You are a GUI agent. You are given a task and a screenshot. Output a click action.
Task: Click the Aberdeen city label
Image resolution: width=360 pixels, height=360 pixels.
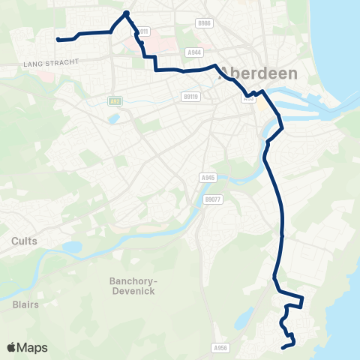(x=258, y=74)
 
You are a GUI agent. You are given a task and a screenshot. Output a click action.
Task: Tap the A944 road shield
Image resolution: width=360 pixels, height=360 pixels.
(x=195, y=52)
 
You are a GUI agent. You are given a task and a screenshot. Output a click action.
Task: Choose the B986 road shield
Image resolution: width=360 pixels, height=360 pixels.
(x=204, y=24)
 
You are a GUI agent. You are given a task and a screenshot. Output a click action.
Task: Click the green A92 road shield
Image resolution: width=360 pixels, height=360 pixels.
(x=115, y=100)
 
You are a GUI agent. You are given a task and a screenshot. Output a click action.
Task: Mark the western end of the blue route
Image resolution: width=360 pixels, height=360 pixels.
(x=58, y=39)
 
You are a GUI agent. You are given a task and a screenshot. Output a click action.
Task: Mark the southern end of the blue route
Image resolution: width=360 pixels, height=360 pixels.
(x=283, y=347)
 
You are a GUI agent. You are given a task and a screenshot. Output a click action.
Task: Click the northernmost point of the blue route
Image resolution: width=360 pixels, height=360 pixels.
(x=127, y=13)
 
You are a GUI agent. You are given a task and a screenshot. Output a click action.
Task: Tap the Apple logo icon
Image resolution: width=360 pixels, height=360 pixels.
(x=12, y=347)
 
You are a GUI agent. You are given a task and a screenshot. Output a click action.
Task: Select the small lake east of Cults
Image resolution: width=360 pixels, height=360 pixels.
(x=72, y=247)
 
